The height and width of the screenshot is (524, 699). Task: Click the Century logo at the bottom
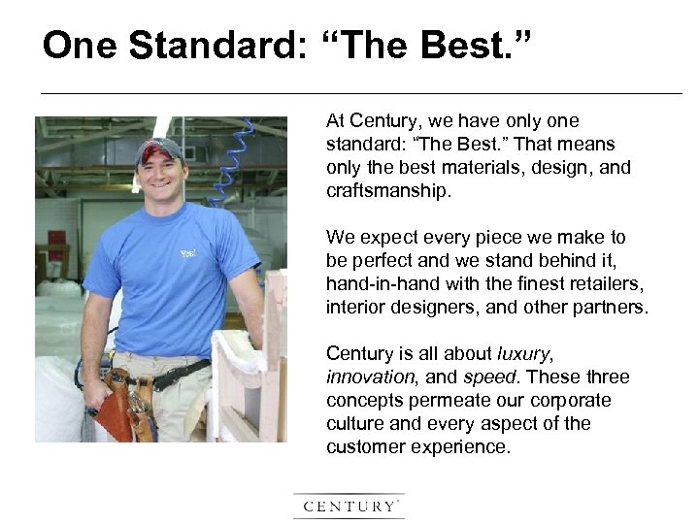(349, 507)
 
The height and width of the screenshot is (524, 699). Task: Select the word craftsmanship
(388, 191)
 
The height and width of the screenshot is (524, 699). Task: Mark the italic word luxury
(524, 354)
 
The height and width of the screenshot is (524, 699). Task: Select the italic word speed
(490, 377)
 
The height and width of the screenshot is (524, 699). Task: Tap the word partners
(610, 308)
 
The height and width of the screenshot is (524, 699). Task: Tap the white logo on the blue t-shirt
(187, 254)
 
